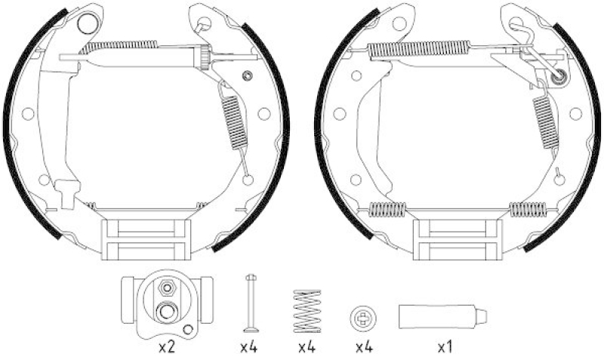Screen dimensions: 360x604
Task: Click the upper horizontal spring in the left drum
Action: point(119,48)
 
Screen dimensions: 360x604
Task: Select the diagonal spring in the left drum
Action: point(233,117)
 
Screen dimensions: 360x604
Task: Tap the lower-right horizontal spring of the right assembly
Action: point(527,209)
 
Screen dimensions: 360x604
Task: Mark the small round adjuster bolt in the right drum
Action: point(559,75)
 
